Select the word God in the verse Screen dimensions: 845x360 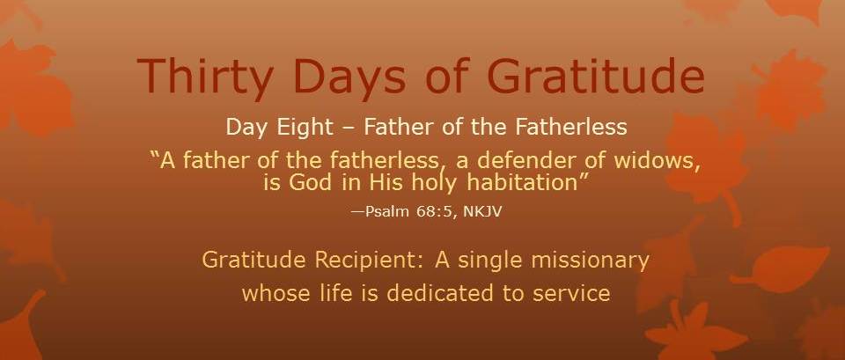(310, 183)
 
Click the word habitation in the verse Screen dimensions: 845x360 (523, 183)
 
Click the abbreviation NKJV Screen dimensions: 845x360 (483, 211)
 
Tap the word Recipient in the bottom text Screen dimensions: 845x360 (371, 261)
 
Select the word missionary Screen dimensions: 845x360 (590, 261)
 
